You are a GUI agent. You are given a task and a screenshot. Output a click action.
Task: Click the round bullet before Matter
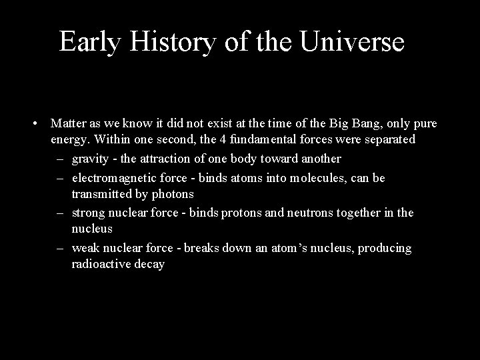click(33, 123)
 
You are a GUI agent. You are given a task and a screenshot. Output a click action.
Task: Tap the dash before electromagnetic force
click(60, 178)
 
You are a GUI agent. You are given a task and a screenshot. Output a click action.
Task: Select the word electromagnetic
click(113, 178)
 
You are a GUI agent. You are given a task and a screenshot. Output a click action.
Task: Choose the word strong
click(89, 213)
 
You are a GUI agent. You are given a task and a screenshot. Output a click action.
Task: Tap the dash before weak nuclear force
click(60, 249)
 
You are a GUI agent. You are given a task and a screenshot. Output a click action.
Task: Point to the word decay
click(151, 265)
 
